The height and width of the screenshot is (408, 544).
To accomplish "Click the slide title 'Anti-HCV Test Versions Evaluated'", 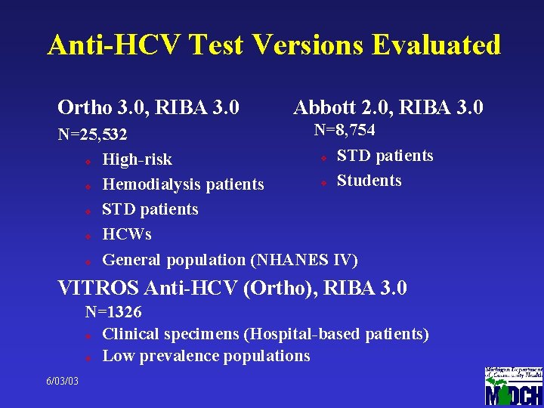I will (274, 45).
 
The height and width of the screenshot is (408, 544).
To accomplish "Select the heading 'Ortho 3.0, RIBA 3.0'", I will (149, 107).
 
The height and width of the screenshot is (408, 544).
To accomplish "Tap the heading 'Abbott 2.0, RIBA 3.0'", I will (388, 107).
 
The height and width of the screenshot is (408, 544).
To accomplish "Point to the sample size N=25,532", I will (93, 135).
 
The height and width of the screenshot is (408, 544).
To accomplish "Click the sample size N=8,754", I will (345, 130).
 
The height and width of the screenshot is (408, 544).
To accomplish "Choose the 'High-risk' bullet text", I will (137, 159).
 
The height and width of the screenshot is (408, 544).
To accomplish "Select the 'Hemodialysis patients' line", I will (183, 184).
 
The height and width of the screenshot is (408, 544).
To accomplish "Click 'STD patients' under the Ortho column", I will (150, 209).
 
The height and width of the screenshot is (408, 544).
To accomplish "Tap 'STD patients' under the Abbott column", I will (385, 156).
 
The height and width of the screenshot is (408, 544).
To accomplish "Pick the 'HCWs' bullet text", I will (126, 234).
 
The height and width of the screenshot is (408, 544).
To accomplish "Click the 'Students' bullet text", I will (369, 181).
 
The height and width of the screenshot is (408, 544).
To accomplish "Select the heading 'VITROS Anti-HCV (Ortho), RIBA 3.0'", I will (233, 288).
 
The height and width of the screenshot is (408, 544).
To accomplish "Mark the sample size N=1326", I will (113, 311).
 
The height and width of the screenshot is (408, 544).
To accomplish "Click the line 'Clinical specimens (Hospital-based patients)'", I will (265, 334).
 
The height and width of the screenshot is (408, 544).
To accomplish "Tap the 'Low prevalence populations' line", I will (206, 356).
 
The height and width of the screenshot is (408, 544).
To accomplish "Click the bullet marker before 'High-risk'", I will (88, 161).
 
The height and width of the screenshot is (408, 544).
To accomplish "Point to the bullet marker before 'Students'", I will (323, 182).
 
